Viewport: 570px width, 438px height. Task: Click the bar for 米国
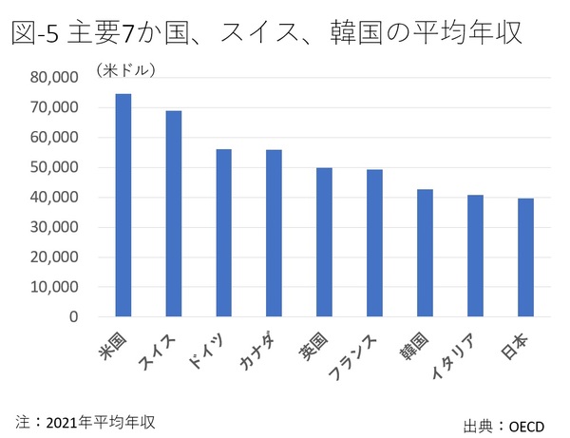click(x=123, y=204)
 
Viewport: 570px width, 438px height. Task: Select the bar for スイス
click(x=174, y=213)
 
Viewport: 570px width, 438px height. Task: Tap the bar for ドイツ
click(x=224, y=232)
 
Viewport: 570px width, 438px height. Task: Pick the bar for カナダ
click(x=274, y=233)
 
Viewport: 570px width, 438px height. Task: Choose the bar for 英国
click(x=324, y=241)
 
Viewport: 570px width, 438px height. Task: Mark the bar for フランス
click(x=374, y=242)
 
